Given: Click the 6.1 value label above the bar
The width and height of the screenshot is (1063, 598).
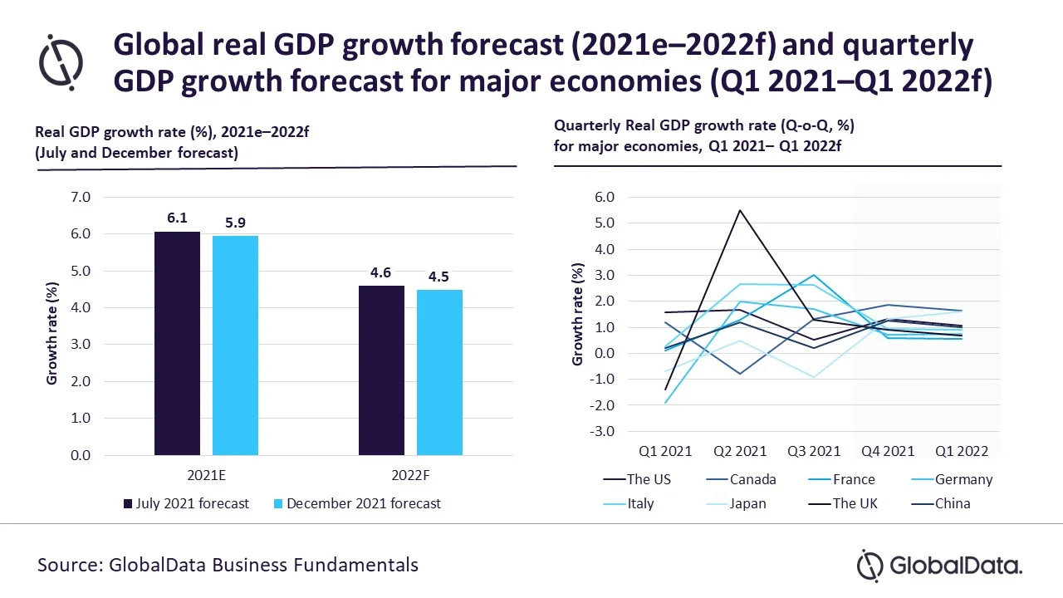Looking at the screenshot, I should tap(177, 218).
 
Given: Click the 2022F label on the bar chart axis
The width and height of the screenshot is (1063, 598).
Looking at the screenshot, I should tap(410, 476).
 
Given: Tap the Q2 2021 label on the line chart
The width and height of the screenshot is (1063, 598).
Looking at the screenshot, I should tap(740, 452).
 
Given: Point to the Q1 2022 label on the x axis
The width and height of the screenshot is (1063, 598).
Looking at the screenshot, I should tap(961, 452).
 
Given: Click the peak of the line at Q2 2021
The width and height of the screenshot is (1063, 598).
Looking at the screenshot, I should tap(739, 210).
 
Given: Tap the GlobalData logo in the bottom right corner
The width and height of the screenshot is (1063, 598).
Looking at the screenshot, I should tap(939, 566).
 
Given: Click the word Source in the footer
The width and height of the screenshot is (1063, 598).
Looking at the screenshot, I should tap(69, 566).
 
